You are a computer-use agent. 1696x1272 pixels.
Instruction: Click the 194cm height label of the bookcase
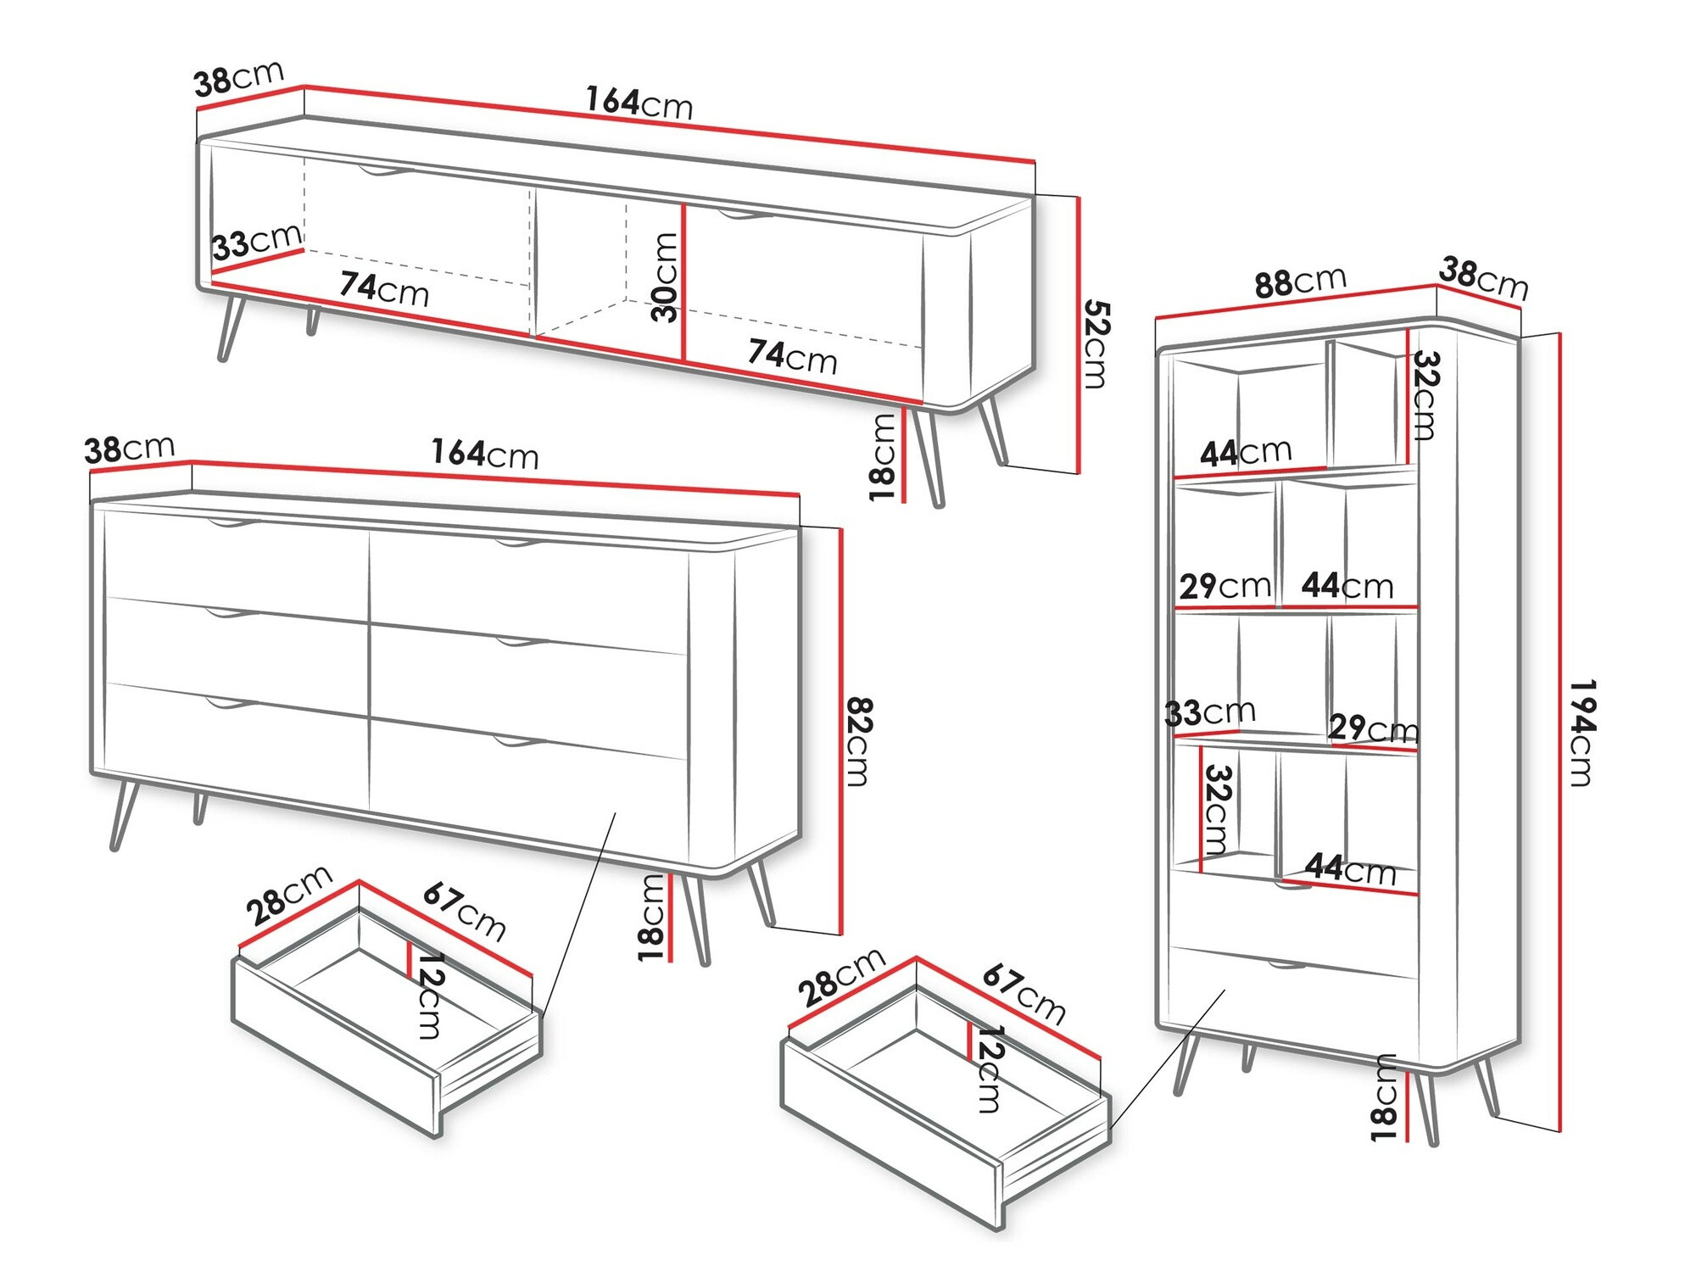pyautogui.click(x=1582, y=733)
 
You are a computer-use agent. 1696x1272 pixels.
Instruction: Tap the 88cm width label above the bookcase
pyautogui.click(x=1300, y=281)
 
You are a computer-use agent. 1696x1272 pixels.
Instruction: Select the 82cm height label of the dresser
pyautogui.click(x=859, y=741)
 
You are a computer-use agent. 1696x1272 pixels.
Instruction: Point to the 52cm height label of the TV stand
pyautogui.click(x=1095, y=343)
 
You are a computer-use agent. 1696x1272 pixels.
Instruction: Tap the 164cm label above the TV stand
pyautogui.click(x=639, y=103)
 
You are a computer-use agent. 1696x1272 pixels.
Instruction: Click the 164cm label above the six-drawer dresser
pyautogui.click(x=484, y=454)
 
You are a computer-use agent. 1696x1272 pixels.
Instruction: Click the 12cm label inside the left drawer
pyautogui.click(x=430, y=996)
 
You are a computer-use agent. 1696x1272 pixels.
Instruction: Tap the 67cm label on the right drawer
pyautogui.click(x=1024, y=994)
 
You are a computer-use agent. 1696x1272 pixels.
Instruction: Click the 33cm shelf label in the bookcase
pyautogui.click(x=1209, y=712)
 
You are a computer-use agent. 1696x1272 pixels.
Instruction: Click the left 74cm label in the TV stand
pyautogui.click(x=384, y=288)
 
